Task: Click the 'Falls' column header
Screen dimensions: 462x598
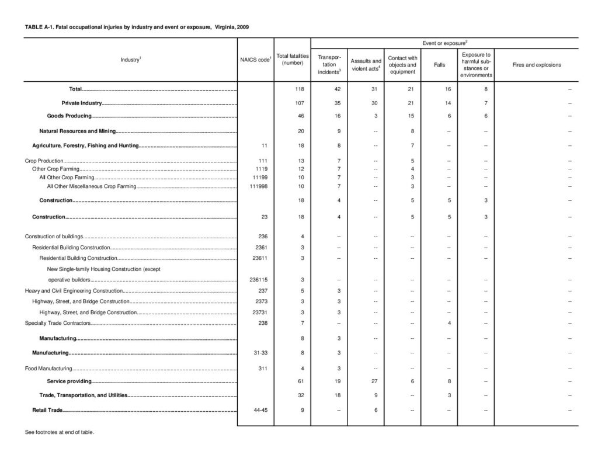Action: click(439, 65)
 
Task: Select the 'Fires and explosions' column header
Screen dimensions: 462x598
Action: click(536, 65)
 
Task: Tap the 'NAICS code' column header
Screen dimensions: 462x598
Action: click(255, 60)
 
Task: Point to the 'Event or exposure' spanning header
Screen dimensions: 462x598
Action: click(444, 43)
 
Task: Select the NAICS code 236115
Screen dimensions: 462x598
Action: click(255, 280)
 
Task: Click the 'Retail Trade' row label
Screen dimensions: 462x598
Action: click(47, 411)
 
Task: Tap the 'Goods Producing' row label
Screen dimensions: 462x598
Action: click(69, 116)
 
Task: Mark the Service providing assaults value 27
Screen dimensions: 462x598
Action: click(366, 381)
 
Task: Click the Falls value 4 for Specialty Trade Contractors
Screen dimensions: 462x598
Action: click(448, 323)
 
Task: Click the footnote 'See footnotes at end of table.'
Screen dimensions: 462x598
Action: click(58, 433)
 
